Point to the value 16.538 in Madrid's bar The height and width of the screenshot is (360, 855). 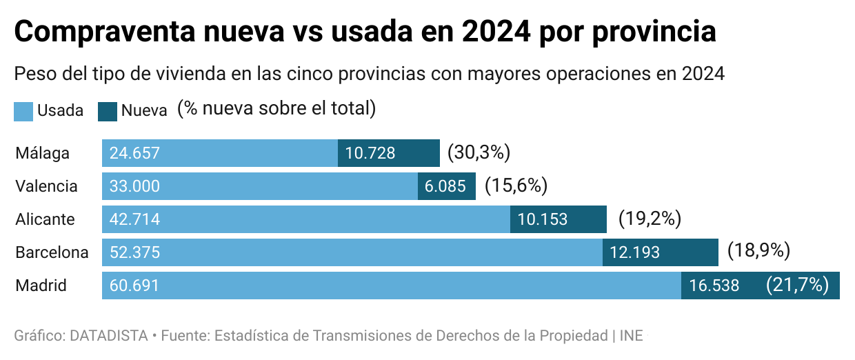[x=714, y=286]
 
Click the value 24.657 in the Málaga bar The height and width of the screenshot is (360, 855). [x=134, y=153]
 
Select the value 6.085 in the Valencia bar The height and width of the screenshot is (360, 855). [x=446, y=186]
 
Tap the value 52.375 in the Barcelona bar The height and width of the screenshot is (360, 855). [x=134, y=252]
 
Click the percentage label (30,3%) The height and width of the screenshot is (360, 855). [x=479, y=152]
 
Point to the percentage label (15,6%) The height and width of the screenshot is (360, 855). [x=516, y=186]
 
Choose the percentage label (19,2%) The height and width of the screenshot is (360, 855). [x=650, y=219]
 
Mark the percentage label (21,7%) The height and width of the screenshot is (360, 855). [x=797, y=285]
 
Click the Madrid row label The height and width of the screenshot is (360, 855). [x=41, y=286]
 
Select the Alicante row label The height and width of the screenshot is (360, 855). [x=45, y=219]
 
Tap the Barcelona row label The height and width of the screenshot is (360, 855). [x=52, y=252]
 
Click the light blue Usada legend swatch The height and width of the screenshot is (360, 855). [x=23, y=111]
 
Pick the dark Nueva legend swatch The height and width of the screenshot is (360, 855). [x=108, y=111]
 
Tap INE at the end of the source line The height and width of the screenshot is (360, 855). [x=631, y=336]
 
